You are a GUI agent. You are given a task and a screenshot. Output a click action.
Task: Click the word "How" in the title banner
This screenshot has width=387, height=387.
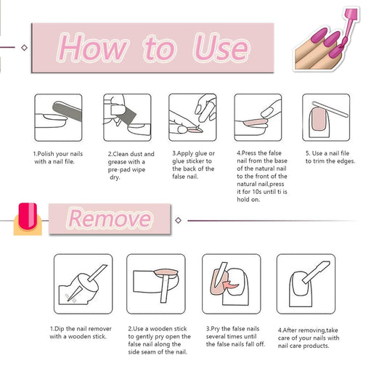(x=92, y=47)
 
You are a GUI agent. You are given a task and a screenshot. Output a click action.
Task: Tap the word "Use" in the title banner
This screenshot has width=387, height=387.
(x=221, y=47)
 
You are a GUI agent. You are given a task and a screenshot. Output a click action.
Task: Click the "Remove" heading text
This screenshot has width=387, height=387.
(x=110, y=218)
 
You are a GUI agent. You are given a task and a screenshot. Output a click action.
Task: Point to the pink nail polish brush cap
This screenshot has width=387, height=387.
(x=351, y=15)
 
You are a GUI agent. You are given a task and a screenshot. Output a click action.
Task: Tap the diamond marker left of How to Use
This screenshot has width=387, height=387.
(x=24, y=47)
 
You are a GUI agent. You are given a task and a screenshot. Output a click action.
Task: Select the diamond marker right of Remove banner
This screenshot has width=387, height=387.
(x=178, y=220)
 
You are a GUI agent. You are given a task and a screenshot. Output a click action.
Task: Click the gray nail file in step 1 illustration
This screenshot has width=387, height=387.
(x=67, y=111)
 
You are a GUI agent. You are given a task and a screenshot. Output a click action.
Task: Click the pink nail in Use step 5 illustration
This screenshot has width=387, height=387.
(x=319, y=119)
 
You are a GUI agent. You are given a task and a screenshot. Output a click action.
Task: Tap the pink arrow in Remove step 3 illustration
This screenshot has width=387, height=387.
(x=230, y=285)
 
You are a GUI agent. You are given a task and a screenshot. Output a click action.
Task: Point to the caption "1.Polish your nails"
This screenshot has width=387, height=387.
(x=58, y=154)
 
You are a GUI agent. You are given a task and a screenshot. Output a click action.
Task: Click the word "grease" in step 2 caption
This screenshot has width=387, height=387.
(x=117, y=162)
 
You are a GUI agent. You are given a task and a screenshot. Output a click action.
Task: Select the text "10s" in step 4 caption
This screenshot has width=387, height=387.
(x=257, y=192)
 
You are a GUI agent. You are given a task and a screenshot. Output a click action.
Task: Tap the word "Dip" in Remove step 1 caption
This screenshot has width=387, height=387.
(x=60, y=329)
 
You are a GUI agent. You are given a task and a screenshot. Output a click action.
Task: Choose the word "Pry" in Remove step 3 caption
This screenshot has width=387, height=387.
(x=215, y=329)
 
